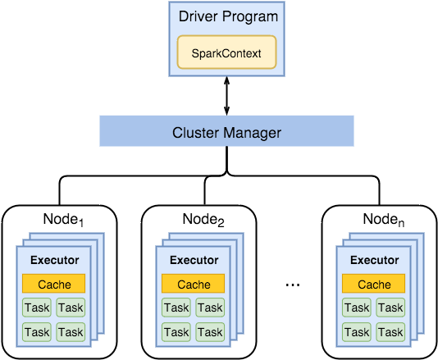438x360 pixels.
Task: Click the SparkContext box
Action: pyautogui.click(x=226, y=52)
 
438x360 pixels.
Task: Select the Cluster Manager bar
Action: pyautogui.click(x=226, y=131)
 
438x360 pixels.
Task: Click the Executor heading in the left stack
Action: pyautogui.click(x=54, y=261)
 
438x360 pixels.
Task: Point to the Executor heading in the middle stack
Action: pyautogui.click(x=194, y=261)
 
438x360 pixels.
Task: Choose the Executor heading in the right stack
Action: pyautogui.click(x=374, y=261)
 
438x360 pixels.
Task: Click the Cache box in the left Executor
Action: pyautogui.click(x=54, y=285)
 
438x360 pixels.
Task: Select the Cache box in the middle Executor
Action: pyautogui.click(x=194, y=285)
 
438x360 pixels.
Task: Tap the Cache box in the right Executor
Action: pyautogui.click(x=374, y=285)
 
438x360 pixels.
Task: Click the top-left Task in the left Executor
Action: pyautogui.click(x=37, y=308)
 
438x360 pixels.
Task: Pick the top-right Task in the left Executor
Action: pyautogui.click(x=71, y=308)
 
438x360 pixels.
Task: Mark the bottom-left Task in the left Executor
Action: pyautogui.click(x=37, y=332)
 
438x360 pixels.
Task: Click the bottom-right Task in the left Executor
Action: pyautogui.click(x=71, y=332)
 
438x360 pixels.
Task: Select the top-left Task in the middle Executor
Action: pyautogui.click(x=176, y=308)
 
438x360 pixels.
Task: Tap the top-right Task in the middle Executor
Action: pyautogui.click(x=210, y=308)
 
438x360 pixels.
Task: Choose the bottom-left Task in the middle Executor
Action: pyautogui.click(x=176, y=332)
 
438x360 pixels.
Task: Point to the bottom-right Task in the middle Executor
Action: pyautogui.click(x=210, y=332)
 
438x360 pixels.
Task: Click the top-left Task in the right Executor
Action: pyautogui.click(x=357, y=308)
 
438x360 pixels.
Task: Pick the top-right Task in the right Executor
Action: pyautogui.click(x=390, y=308)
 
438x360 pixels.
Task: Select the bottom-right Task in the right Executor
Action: pyautogui.click(x=390, y=332)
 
